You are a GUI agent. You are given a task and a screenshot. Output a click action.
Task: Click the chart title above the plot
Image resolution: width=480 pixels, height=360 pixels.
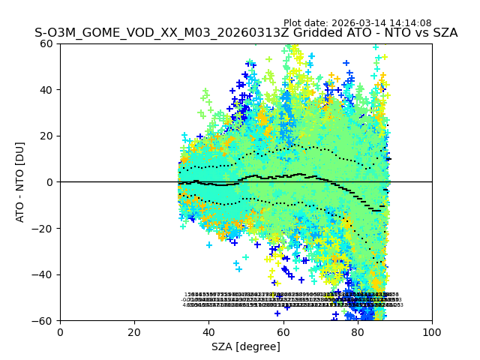pyautogui.click(x=246, y=34)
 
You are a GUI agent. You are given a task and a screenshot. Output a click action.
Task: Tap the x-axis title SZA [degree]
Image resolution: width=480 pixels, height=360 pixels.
pyautogui.click(x=246, y=346)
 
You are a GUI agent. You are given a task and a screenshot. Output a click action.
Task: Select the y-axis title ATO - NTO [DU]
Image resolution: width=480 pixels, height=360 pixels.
pyautogui.click(x=20, y=181)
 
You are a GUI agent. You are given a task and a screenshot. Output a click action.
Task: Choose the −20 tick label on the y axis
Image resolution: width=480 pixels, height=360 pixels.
pyautogui.click(x=45, y=228)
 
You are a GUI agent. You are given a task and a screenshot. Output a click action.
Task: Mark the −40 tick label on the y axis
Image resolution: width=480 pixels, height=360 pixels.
pyautogui.click(x=45, y=274)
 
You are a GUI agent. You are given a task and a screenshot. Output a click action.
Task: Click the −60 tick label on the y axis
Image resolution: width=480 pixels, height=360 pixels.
pyautogui.click(x=45, y=320)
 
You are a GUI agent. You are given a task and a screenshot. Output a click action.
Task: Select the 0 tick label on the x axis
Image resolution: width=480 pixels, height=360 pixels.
pyautogui.click(x=60, y=332)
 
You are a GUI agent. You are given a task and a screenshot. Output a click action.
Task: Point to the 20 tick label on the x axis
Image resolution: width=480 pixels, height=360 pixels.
pyautogui.click(x=134, y=332)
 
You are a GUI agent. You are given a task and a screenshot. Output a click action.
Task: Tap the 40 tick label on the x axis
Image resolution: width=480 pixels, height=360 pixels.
pyautogui.click(x=208, y=332)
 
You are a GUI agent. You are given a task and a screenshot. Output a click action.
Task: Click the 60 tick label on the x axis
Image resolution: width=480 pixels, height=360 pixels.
pyautogui.click(x=283, y=332)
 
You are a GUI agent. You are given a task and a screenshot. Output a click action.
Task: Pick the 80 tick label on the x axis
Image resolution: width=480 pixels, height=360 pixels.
pyautogui.click(x=358, y=332)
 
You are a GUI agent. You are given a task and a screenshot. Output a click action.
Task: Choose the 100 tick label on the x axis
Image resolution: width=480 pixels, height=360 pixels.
pyautogui.click(x=432, y=332)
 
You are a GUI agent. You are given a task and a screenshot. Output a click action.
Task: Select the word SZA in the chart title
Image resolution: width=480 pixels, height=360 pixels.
pyautogui.click(x=445, y=34)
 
